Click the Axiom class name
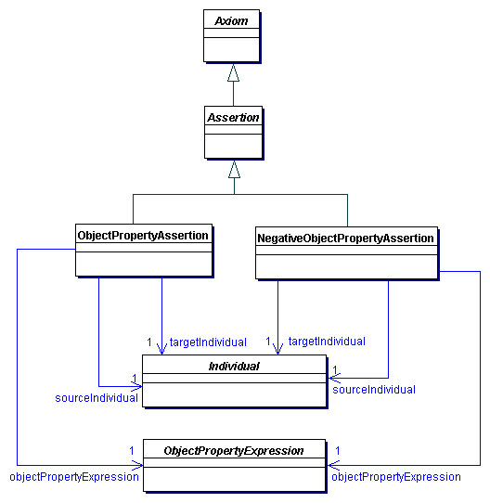pyautogui.click(x=233, y=19)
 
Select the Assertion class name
pyautogui.click(x=233, y=118)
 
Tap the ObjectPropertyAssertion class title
pyautogui.click(x=143, y=235)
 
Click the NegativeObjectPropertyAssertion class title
pyautogui.click(x=345, y=239)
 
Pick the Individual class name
pyautogui.click(x=234, y=367)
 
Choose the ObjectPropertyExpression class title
pyautogui.click(x=234, y=451)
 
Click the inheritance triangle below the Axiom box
pyautogui.click(x=234, y=72)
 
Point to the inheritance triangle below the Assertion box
pyautogui.click(x=234, y=170)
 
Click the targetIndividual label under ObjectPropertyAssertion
pyautogui.click(x=208, y=342)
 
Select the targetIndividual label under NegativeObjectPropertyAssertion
pyautogui.click(x=327, y=342)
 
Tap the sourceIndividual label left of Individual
pyautogui.click(x=97, y=397)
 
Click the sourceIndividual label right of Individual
pyautogui.click(x=373, y=390)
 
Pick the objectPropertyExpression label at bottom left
pyautogui.click(x=74, y=476)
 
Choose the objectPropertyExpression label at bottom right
pyautogui.click(x=395, y=476)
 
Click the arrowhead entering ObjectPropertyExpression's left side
pyautogui.click(x=136, y=463)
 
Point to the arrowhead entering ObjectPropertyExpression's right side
pyautogui.click(x=332, y=463)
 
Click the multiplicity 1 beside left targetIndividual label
pyautogui.click(x=148, y=342)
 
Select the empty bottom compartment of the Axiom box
pyautogui.click(x=233, y=48)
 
